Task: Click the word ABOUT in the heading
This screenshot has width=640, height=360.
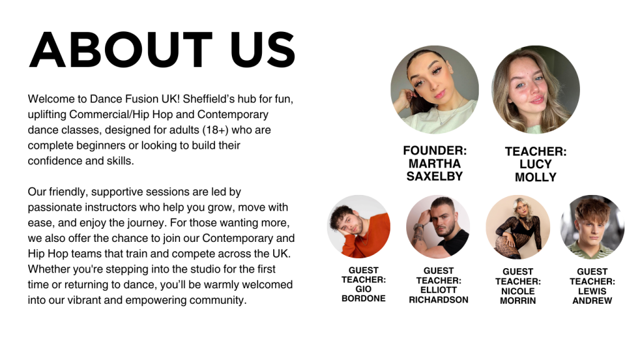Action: point(121,50)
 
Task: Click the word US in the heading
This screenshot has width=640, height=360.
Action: point(263,50)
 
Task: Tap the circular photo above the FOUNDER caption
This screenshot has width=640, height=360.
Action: point(435,90)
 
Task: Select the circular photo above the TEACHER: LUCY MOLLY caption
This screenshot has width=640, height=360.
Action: point(536,90)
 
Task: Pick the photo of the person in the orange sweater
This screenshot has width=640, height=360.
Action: point(359,226)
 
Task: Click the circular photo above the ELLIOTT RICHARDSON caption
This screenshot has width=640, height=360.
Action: point(438,226)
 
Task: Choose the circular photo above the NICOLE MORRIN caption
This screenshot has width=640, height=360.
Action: point(518,227)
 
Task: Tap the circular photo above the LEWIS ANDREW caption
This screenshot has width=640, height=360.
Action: point(592,227)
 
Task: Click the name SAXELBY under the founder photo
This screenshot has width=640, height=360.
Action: point(435,176)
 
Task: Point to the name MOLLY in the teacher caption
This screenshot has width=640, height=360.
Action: point(536,177)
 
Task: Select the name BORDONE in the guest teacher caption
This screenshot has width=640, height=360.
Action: point(364,298)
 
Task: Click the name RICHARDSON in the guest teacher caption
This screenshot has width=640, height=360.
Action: point(439,299)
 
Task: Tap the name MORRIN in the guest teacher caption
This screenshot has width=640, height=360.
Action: point(518,301)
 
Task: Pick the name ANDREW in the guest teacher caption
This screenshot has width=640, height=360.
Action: point(592,301)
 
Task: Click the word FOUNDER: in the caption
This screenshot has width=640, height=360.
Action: point(435,151)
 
